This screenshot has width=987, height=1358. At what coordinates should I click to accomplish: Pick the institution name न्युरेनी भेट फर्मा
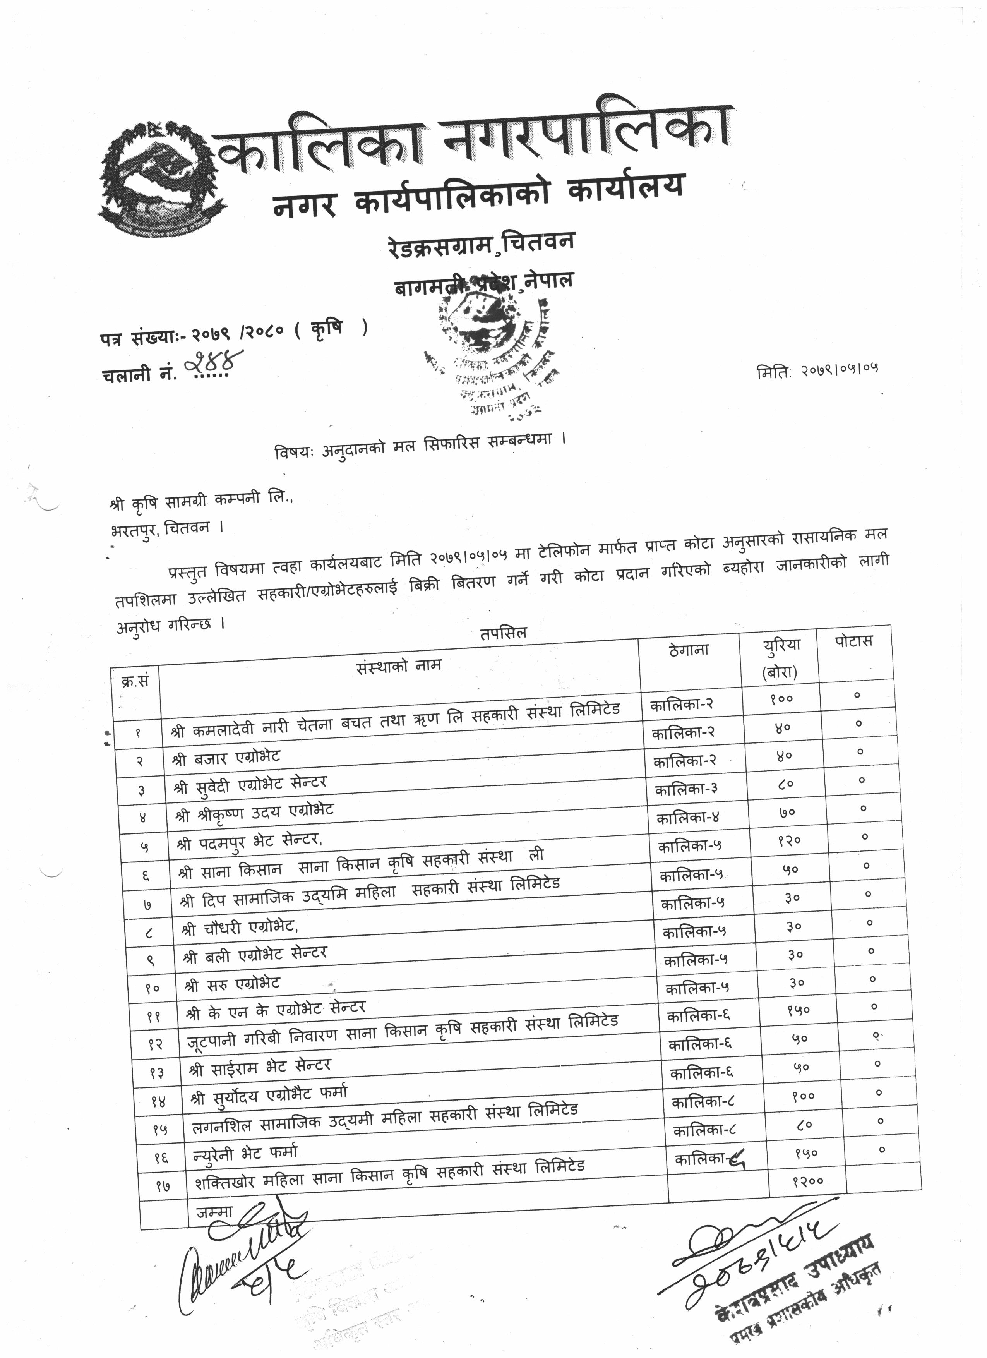click(x=245, y=1153)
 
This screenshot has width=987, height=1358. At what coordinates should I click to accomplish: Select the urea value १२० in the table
click(x=790, y=841)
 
